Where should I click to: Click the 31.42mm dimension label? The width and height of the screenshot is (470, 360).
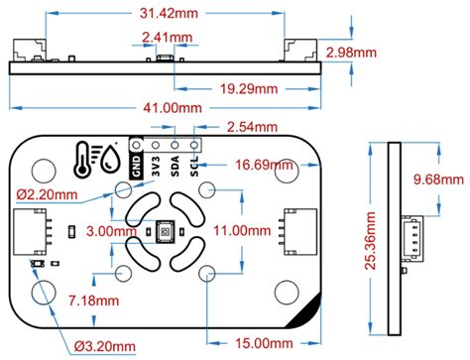(x=169, y=13)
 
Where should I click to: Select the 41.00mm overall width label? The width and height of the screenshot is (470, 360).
(x=173, y=108)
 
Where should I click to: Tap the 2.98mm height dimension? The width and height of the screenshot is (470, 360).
(x=351, y=53)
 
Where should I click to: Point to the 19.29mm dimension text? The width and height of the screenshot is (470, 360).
(x=249, y=89)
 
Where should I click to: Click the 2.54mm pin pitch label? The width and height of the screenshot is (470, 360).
(x=252, y=127)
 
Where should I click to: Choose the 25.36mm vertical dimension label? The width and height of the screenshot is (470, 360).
(x=371, y=241)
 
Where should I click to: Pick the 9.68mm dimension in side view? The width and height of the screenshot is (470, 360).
(x=438, y=180)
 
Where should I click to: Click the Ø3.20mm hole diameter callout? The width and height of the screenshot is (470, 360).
(x=105, y=346)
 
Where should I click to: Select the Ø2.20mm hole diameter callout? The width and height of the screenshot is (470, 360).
(x=47, y=194)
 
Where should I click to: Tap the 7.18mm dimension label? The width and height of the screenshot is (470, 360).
(x=93, y=300)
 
